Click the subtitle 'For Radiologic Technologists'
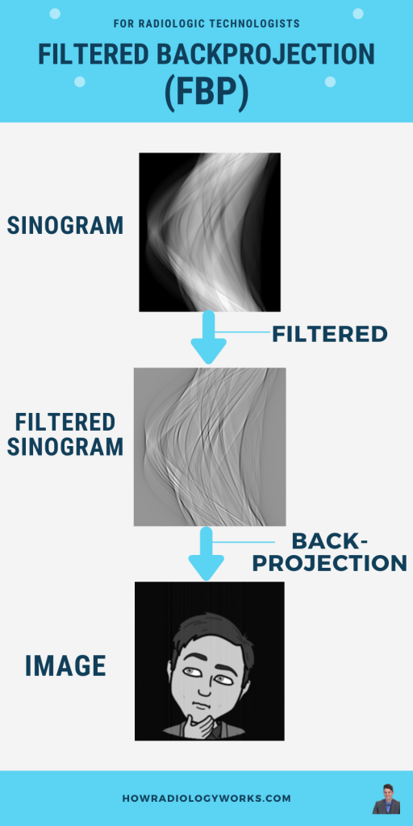[206, 23]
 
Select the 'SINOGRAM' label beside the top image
[65, 226]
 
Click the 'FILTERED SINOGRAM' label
[69, 435]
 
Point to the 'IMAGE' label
[65, 665]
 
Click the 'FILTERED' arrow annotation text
[330, 334]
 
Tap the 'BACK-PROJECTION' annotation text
[330, 552]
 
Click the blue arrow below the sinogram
[209, 337]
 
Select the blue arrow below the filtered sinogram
[206, 553]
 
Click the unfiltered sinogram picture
[210, 232]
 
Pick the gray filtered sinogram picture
[210, 447]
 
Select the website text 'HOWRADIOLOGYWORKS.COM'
[206, 799]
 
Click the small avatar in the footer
[386, 799]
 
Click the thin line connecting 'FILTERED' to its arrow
[244, 332]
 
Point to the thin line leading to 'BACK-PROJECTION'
[244, 541]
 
